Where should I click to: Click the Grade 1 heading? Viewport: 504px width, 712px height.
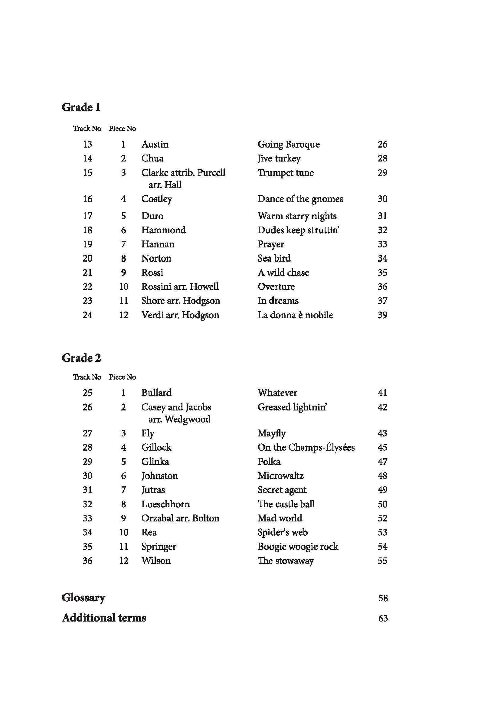coord(81,107)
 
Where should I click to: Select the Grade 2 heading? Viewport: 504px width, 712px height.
coord(81,358)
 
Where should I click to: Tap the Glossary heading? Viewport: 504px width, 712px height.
coord(84,598)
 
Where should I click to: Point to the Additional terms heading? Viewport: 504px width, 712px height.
coord(104,618)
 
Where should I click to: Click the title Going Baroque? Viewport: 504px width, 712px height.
coord(289,144)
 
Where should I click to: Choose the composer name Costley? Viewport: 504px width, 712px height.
coord(157,199)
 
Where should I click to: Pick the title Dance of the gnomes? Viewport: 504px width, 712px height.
coord(300,199)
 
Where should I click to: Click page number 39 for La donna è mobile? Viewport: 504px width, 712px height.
coord(382,315)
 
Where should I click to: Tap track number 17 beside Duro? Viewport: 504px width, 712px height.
coord(87,216)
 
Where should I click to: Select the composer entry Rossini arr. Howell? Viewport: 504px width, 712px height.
coord(180,287)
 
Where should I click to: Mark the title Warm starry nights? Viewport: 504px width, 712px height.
coord(297,216)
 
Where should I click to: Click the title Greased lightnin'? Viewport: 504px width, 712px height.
coord(292,407)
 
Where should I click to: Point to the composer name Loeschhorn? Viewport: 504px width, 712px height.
coord(166,504)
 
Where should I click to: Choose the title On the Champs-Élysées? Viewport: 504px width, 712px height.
coord(306,447)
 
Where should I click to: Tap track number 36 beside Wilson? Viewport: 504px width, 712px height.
coord(87,561)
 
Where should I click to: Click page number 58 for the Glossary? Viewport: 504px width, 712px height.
coord(383,598)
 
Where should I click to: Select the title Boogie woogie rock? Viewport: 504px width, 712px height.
coord(298,547)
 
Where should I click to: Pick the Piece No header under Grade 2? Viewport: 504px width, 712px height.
coord(122,377)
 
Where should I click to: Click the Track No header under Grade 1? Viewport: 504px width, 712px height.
coord(87,128)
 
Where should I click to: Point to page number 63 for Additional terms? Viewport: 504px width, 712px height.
coord(383,618)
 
